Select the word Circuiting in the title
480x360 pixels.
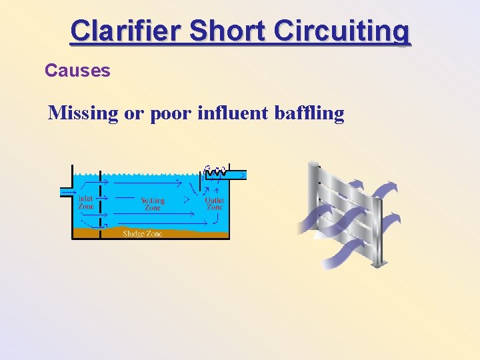343,31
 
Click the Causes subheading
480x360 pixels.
77,70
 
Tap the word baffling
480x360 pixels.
309,113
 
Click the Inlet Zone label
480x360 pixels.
86,201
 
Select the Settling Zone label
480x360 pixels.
153,203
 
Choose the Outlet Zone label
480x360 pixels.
214,203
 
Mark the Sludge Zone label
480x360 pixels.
142,233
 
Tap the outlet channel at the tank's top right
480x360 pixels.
238,175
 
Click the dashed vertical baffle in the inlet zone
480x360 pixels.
101,200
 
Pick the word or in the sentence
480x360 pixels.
133,113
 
